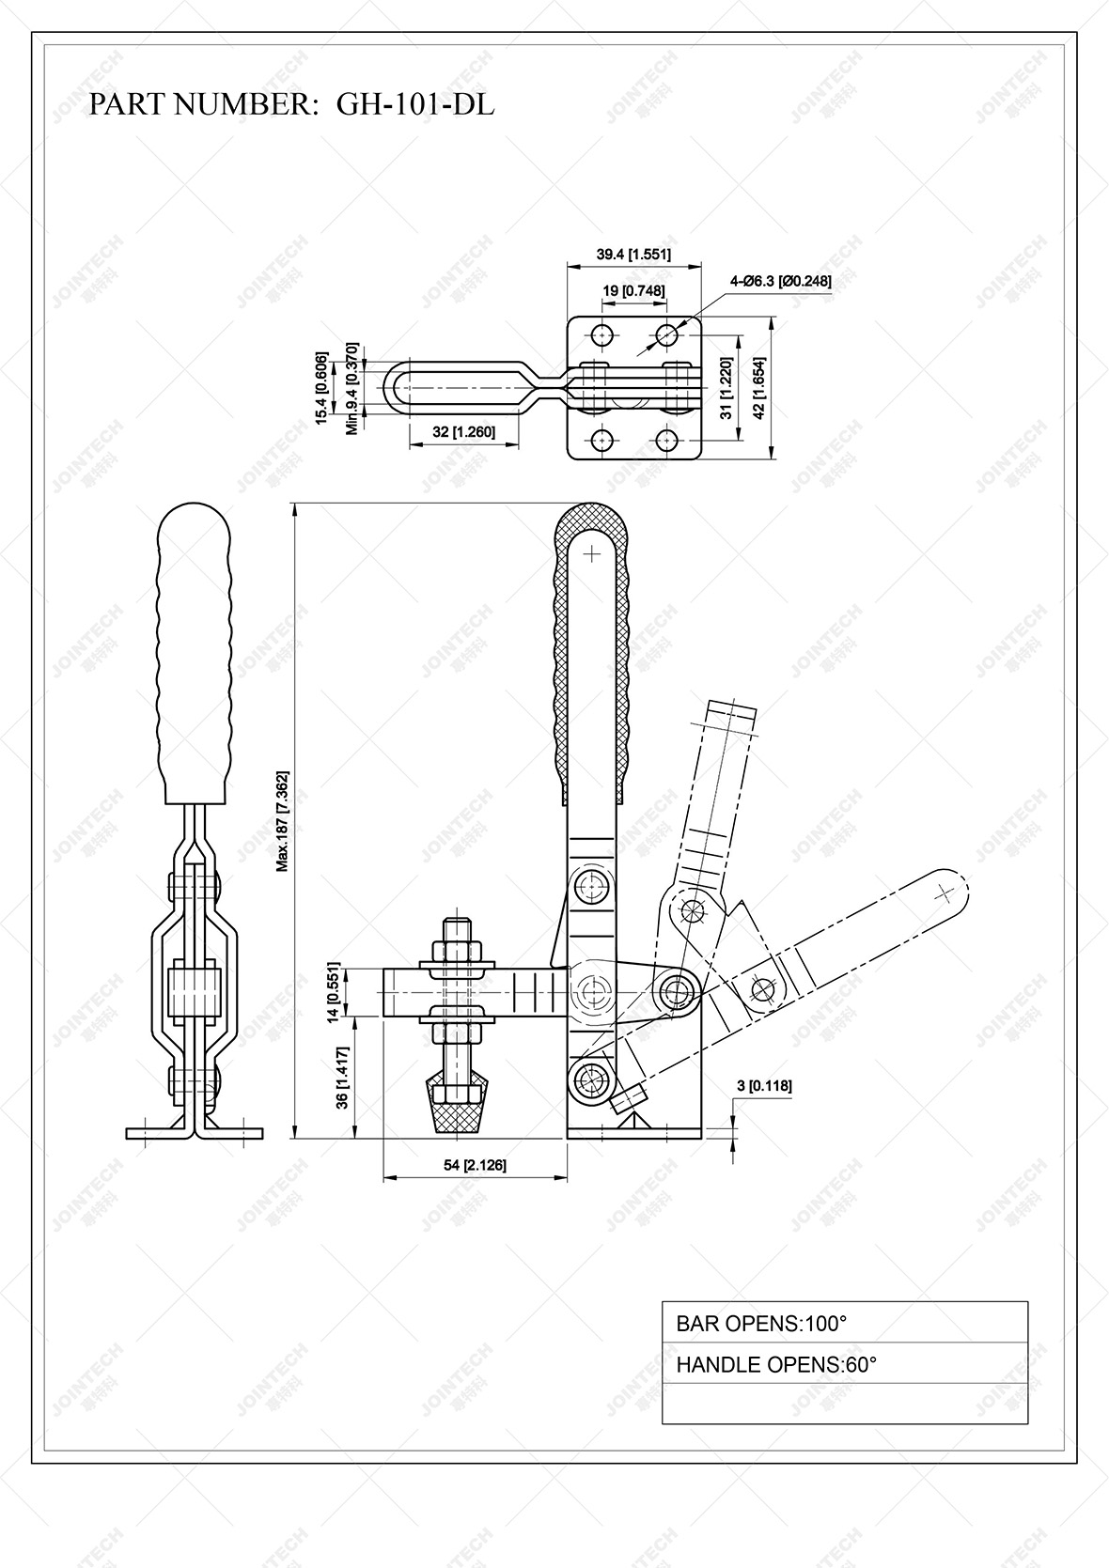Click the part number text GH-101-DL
[414, 104]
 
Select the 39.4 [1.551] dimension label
[633, 255]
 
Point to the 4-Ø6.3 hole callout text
[780, 281]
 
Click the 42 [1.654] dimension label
[760, 386]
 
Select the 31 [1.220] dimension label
[725, 386]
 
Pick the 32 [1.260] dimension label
[463, 431]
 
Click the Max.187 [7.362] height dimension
[283, 821]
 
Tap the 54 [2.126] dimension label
[475, 1165]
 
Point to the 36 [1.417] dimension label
[342, 1078]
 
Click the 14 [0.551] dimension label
[332, 990]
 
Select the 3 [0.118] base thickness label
[763, 1086]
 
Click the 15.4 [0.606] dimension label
[321, 389]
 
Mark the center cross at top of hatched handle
[591, 554]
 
